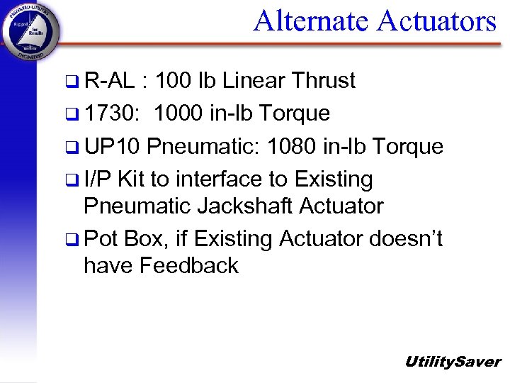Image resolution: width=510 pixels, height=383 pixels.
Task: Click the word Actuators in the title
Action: (436, 21)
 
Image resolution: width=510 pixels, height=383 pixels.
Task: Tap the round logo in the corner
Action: (30, 32)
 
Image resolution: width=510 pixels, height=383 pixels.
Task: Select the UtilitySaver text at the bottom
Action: (452, 362)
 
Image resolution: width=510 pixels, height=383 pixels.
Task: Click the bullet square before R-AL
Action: (73, 82)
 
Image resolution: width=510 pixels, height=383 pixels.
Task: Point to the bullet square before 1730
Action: (73, 114)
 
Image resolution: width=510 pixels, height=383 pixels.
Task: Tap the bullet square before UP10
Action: (73, 148)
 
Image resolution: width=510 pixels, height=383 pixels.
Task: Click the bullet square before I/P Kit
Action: (73, 180)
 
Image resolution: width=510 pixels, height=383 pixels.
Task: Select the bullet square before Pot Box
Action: (73, 240)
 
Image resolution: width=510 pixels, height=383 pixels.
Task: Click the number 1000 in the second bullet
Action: (181, 113)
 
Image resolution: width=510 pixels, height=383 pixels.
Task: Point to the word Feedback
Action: (188, 266)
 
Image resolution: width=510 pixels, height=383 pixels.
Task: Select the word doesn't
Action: (406, 239)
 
